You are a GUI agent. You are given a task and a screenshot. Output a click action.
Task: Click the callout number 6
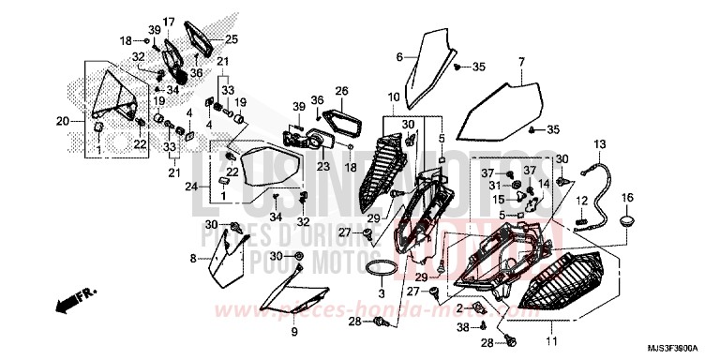tap(398, 56)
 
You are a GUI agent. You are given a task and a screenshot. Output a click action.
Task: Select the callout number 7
tap(520, 62)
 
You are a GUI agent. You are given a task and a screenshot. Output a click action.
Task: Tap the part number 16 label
tap(628, 197)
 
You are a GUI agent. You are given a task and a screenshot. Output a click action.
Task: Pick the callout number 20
tap(62, 122)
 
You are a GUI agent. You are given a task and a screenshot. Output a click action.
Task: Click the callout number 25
tap(232, 39)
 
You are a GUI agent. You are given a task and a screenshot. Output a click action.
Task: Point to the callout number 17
tap(169, 21)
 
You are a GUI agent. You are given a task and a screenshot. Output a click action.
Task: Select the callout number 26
tap(342, 91)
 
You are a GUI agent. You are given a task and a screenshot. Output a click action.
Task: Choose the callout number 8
tap(193, 258)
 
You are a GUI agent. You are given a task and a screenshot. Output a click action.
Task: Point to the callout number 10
tap(393, 97)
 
